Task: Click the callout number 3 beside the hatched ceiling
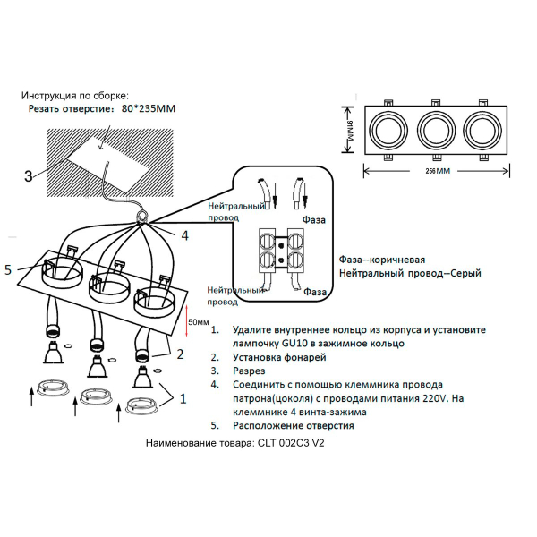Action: point(29,175)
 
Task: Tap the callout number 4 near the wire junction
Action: point(184,236)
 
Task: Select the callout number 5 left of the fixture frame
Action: point(10,268)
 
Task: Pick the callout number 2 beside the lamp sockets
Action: point(180,354)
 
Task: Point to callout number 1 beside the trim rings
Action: point(183,395)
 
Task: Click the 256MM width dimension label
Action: point(436,170)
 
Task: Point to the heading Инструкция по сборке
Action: point(75,95)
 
